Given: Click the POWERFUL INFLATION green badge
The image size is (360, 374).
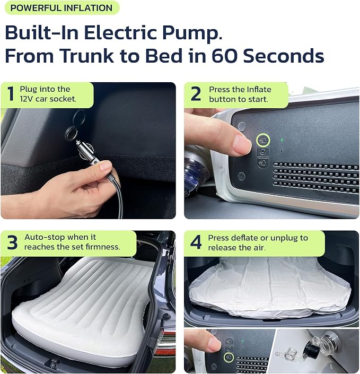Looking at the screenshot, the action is point(62,8).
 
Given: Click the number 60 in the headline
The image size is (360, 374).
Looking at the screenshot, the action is point(225,56).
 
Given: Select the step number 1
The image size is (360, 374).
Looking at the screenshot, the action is point(11,94).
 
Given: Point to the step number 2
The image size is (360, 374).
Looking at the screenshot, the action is point(196,94).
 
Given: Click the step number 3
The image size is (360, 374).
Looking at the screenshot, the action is point(12,242).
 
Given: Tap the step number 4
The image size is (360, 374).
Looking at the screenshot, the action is point(196,242).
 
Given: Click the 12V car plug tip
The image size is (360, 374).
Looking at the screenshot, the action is point(78,143).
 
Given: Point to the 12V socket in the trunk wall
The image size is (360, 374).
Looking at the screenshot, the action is point(71,133).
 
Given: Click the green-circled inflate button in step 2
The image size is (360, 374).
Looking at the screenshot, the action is point(263,140).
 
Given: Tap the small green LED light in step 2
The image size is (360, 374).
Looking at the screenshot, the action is point(282,140).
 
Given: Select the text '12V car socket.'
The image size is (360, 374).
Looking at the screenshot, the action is point(48,99).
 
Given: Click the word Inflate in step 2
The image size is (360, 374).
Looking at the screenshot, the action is point(259,90).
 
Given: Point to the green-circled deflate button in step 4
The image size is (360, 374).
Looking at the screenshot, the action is point(229,357).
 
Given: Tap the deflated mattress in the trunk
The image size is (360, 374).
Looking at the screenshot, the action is point(269,288).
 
